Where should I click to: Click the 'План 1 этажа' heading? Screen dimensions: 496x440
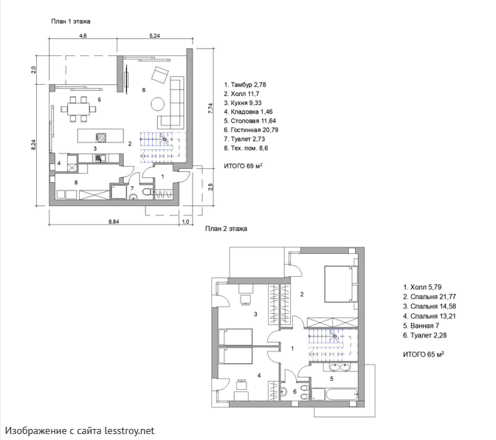pos(71,21)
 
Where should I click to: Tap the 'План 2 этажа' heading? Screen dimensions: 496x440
pos(226,228)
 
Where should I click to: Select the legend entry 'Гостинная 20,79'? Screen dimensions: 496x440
pos(251,130)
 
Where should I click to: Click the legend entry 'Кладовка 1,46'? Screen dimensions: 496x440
pos(248,111)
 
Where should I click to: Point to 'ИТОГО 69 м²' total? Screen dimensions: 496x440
pos(244,166)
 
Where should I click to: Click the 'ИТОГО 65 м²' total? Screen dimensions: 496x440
pos(423,354)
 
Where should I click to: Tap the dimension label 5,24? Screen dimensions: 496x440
pos(154,35)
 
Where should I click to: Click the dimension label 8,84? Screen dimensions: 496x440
pos(114,221)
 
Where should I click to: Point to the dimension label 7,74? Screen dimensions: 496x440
pos(210,109)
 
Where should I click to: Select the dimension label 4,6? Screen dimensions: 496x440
pos(83,35)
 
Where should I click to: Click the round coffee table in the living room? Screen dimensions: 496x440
pos(157,103)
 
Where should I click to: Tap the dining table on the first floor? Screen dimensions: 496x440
pos(78,109)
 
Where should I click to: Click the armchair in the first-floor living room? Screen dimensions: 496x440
pos(160,75)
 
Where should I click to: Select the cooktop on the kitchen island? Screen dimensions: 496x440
pos(101,137)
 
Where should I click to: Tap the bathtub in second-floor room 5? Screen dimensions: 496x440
pos(334,395)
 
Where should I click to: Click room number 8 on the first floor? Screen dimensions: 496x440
pos(76,182)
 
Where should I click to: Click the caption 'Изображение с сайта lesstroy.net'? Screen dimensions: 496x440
pos(80,430)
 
